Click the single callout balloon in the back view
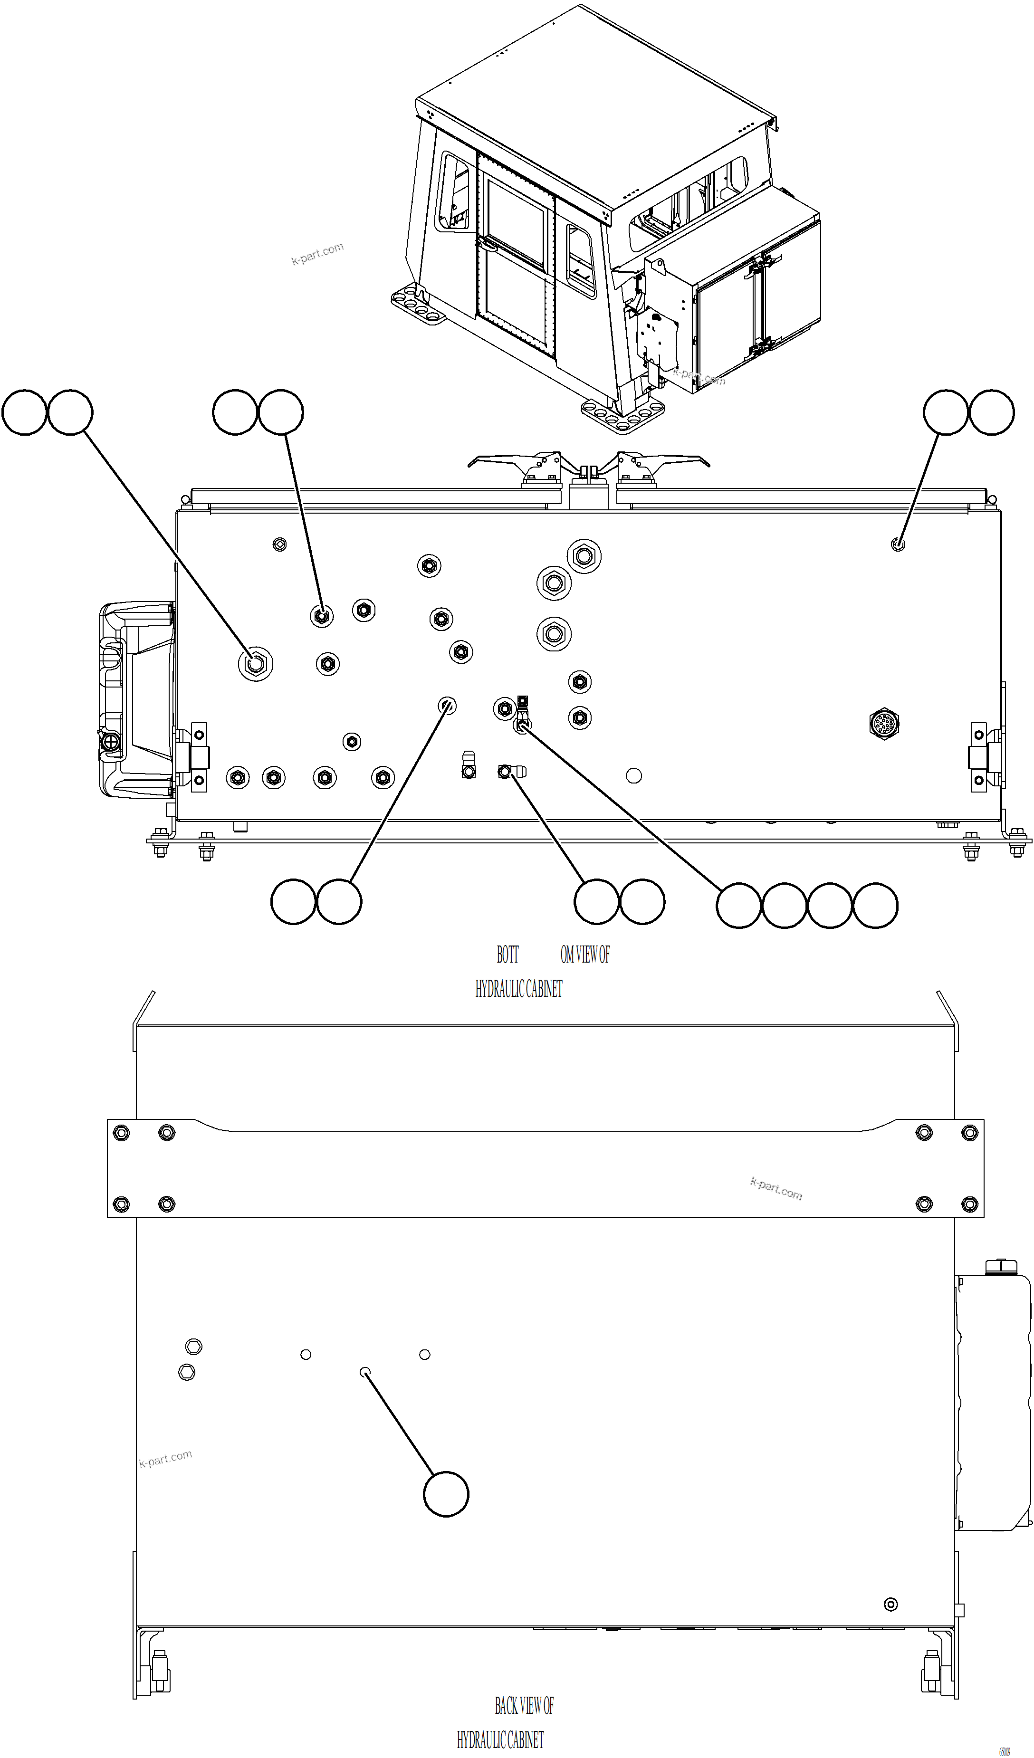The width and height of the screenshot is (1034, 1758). point(446,1494)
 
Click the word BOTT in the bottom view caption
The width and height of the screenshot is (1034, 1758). point(507,955)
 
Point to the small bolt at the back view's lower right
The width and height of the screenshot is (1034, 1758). point(890,1605)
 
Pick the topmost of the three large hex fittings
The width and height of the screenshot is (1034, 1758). point(584,556)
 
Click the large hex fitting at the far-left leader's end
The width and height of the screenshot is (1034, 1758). point(255,663)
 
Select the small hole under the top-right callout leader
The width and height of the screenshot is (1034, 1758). point(898,544)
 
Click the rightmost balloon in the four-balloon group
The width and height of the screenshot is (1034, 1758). point(875,906)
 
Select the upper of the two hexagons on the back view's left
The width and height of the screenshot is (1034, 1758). point(194,1347)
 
